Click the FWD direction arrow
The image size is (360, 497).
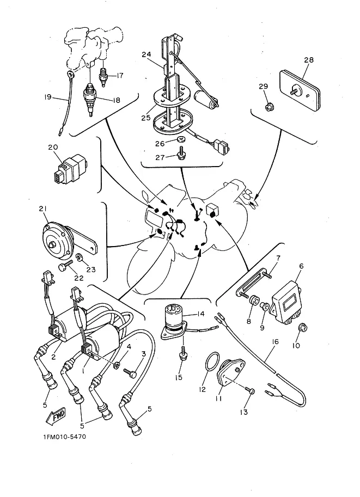point(56,416)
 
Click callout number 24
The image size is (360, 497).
point(145,54)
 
